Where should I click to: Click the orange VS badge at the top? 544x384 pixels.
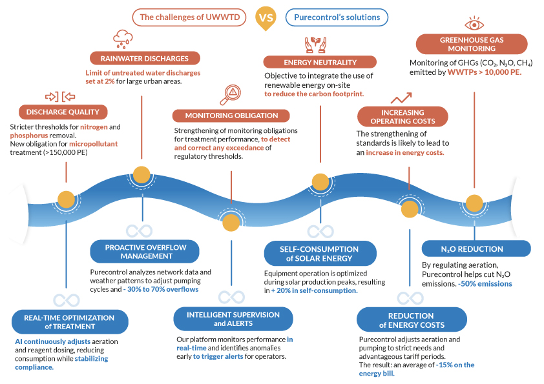[265, 17]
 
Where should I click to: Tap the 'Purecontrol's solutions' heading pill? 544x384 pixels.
[337, 17]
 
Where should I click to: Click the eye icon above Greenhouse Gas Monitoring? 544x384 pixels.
[475, 24]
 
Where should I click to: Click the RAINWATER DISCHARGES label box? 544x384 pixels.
[140, 58]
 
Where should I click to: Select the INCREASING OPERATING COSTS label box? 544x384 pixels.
[397, 117]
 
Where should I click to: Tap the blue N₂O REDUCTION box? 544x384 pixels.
[476, 248]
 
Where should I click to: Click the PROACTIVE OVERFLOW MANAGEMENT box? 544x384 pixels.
[143, 252]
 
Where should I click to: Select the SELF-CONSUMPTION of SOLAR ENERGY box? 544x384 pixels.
[319, 254]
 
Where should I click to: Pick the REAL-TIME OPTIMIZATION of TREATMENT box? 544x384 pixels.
[69, 321]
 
